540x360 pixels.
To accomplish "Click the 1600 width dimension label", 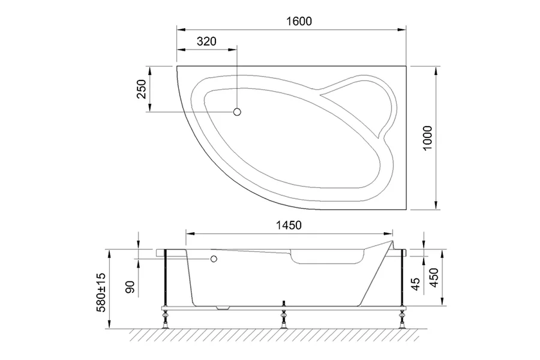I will [x=299, y=21].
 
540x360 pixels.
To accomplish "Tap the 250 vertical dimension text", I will [x=142, y=90].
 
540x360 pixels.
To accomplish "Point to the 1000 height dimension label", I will [x=427, y=138].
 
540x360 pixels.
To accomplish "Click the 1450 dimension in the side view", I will [x=288, y=225].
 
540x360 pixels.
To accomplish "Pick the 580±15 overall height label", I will [x=101, y=291].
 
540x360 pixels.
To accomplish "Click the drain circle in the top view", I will [x=237, y=112].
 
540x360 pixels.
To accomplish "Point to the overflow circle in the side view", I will [x=213, y=259].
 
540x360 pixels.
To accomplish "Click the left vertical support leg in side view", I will [x=164, y=279].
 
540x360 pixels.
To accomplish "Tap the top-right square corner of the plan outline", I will [x=407, y=67].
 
